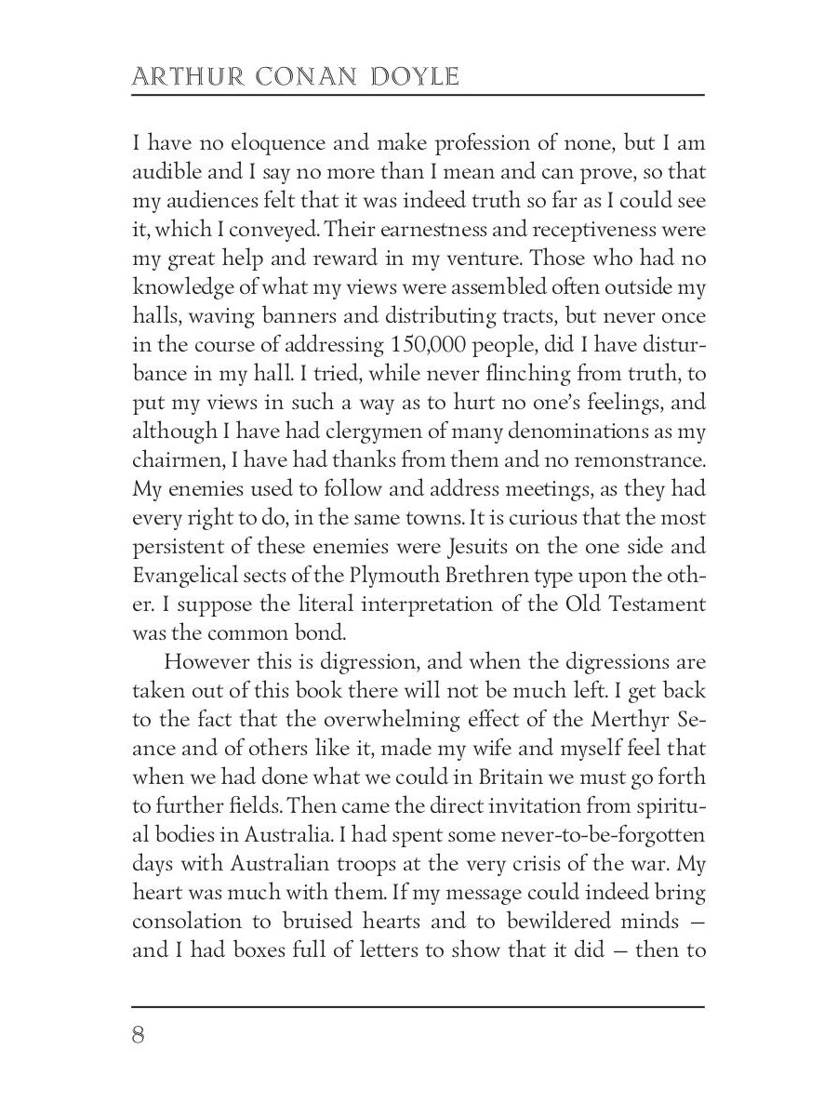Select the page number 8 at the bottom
(x=139, y=1035)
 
